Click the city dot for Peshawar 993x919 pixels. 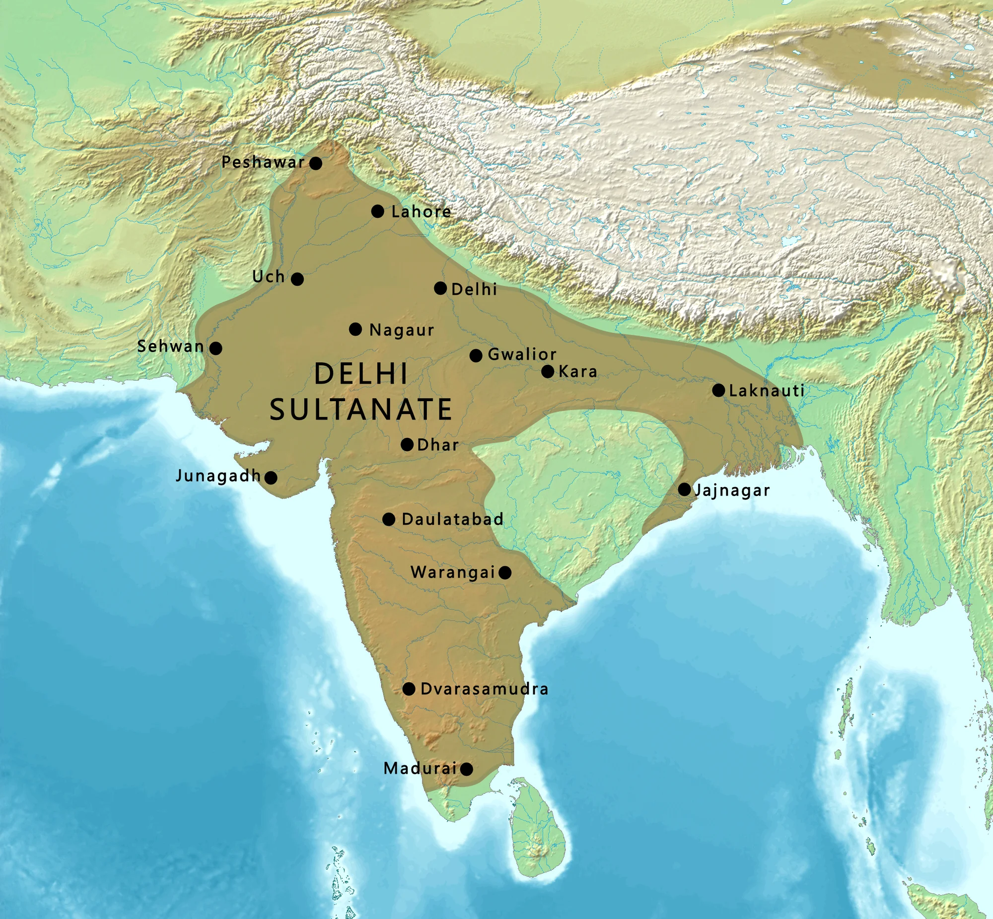(x=315, y=163)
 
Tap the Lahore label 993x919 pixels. (x=421, y=212)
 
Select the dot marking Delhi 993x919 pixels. (x=440, y=288)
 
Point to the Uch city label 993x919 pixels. (x=269, y=277)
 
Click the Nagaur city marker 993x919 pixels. (x=355, y=329)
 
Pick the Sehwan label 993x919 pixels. (x=171, y=347)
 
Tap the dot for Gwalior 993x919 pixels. (x=476, y=355)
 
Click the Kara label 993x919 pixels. (x=578, y=371)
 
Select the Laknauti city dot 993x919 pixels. (x=718, y=390)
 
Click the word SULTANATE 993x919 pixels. (x=361, y=409)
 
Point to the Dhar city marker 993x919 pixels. (x=407, y=444)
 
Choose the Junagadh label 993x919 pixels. (x=218, y=476)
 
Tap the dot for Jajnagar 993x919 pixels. (x=684, y=490)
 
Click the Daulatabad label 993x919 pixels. (x=452, y=519)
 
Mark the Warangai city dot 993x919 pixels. (x=505, y=572)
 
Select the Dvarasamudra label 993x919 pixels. (x=484, y=689)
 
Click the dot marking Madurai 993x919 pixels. (x=466, y=770)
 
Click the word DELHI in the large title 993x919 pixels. (x=361, y=373)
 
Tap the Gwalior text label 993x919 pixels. (x=522, y=354)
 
